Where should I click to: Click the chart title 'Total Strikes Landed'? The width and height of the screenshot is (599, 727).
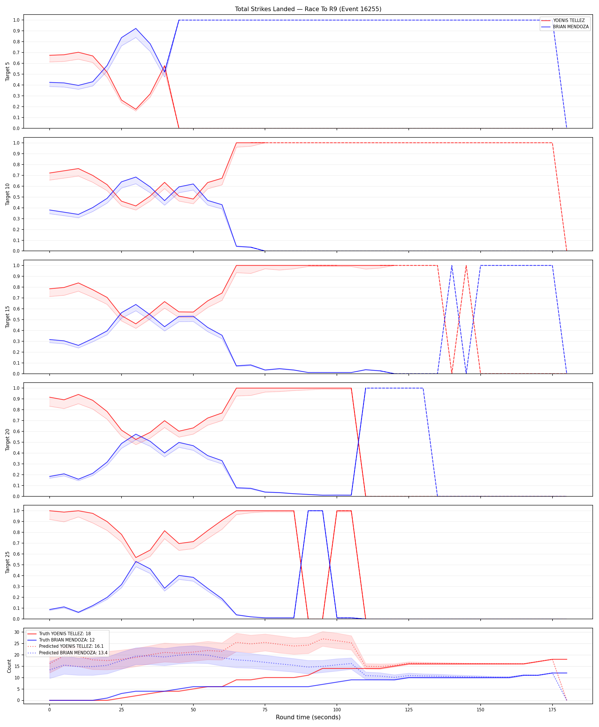pyautogui.click(x=265, y=9)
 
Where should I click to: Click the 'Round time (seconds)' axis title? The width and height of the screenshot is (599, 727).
pyautogui.click(x=308, y=717)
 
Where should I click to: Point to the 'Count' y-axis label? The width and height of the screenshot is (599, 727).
pyautogui.click(x=9, y=666)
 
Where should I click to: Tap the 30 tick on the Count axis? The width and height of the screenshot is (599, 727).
pyautogui.click(x=17, y=632)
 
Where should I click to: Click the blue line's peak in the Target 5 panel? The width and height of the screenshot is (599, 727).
pyautogui.click(x=135, y=29)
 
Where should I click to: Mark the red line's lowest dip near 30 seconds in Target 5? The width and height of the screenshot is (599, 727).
pyautogui.click(x=135, y=109)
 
